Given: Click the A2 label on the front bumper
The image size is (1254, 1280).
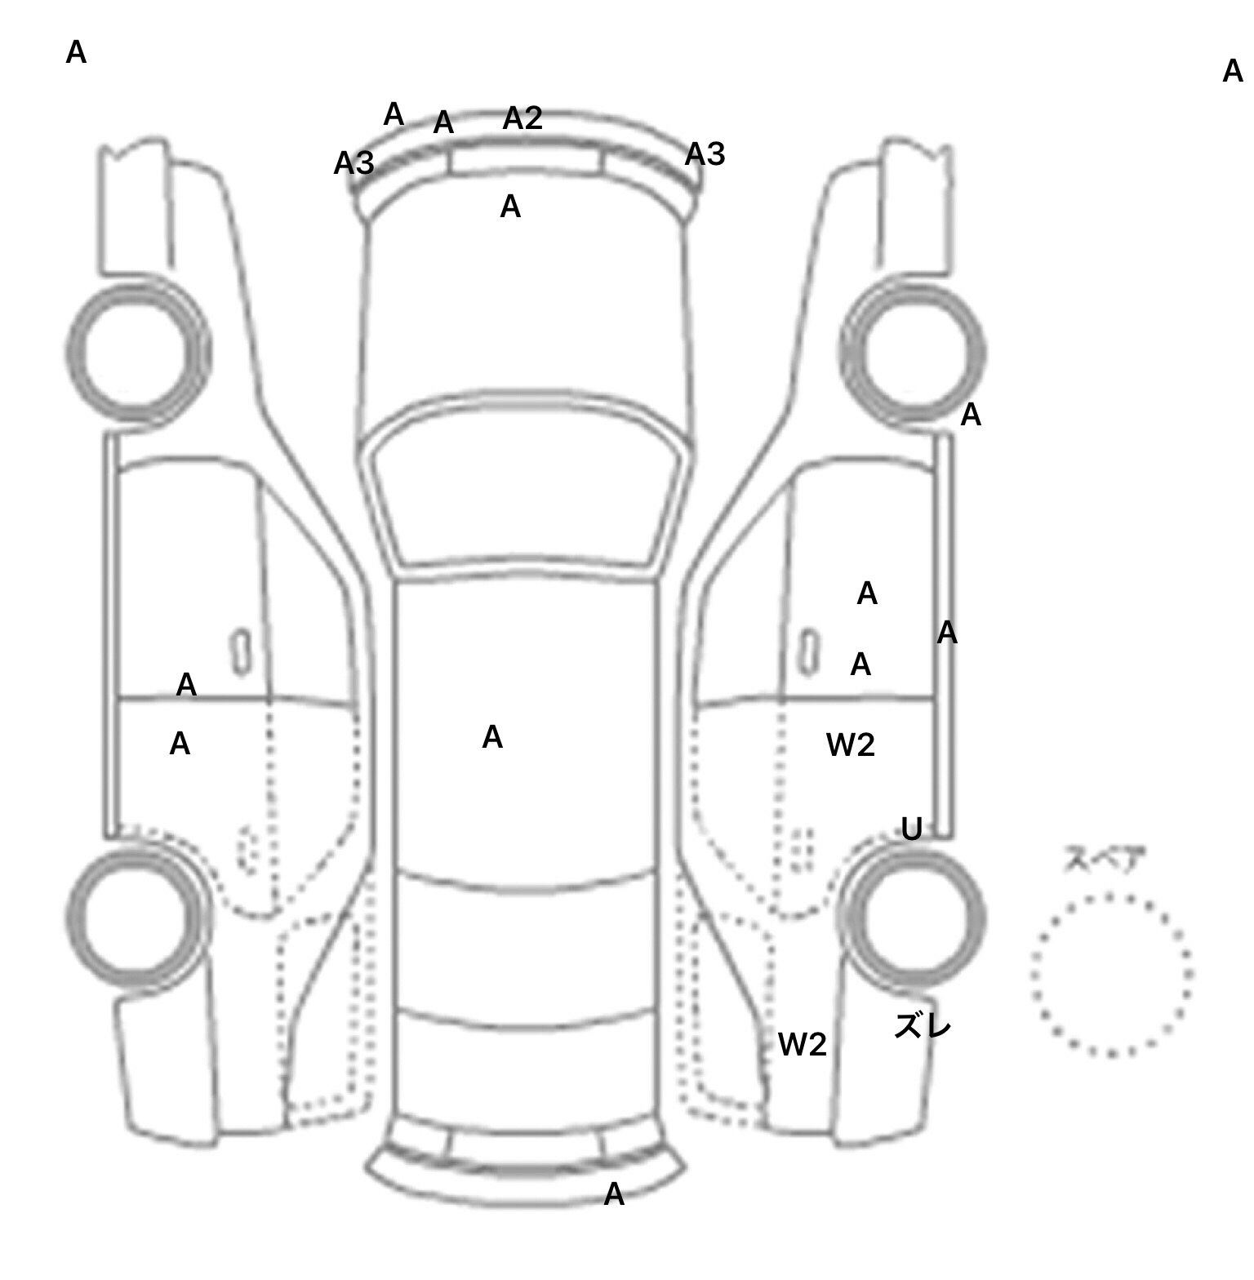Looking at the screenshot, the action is pos(522,118).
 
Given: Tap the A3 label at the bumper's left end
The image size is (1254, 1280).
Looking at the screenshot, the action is pos(354,163).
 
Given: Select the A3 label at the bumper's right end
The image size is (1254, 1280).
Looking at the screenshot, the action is pos(705,153).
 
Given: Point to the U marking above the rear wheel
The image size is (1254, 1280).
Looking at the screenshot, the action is pos(911,829).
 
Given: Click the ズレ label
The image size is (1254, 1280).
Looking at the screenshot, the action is pos(923,1025).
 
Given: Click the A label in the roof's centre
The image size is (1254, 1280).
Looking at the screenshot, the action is pos(492,737).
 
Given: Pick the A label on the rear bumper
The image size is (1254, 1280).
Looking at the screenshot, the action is pos(614,1194).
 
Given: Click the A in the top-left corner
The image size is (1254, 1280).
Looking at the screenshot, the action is pos(76,52).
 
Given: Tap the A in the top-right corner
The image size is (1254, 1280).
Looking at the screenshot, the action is pos(1233,72).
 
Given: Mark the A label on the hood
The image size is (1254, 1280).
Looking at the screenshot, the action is pos(510,207).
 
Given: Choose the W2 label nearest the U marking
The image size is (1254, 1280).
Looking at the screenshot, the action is pos(851,744).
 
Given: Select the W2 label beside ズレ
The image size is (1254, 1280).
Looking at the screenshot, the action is pos(803,1044).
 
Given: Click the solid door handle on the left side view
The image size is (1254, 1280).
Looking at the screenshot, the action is pos(241,652).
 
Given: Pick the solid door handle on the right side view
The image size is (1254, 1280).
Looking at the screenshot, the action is pos(809,652).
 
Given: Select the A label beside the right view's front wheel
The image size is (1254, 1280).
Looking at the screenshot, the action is pos(970,416).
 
